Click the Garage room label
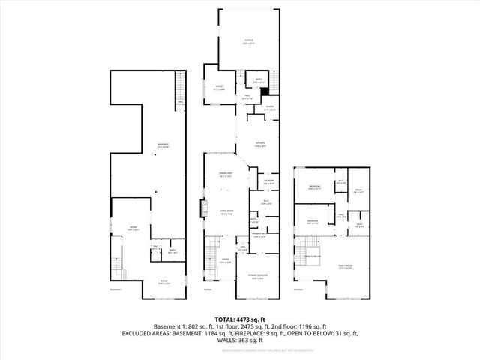(248, 40)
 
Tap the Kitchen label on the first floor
(260, 145)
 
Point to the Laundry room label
(268, 181)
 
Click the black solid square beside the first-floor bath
(263, 91)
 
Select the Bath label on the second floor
(360, 224)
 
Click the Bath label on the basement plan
(172, 251)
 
